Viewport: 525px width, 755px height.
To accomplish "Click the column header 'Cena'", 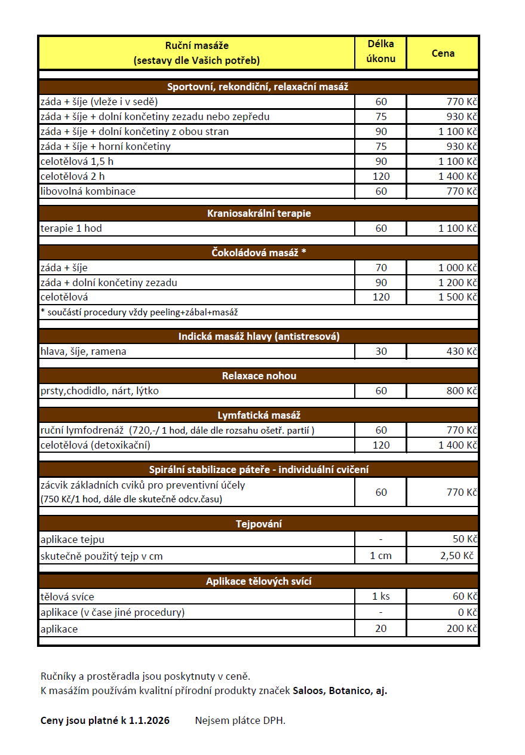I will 443,53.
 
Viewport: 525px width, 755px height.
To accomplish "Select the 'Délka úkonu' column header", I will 380,51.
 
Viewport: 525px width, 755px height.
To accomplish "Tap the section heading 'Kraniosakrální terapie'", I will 259,213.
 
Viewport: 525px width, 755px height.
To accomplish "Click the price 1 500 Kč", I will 458,297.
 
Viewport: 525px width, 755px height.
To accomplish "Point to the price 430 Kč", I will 462,351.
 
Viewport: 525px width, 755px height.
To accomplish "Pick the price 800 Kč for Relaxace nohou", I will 462,391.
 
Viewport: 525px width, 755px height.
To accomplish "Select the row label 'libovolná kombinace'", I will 88,191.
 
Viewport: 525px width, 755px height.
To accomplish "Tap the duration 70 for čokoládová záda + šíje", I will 381,268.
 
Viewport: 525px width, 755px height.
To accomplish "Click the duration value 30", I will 381,351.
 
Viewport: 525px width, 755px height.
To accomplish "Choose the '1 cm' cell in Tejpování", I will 381,556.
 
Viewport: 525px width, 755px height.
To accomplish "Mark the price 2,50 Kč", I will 458,556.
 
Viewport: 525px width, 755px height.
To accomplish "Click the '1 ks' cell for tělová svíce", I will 381,597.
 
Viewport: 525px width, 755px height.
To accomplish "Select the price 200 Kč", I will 462,628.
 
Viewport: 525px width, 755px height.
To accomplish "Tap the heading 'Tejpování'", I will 259,524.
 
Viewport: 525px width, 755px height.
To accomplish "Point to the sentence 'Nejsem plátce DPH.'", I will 240,720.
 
